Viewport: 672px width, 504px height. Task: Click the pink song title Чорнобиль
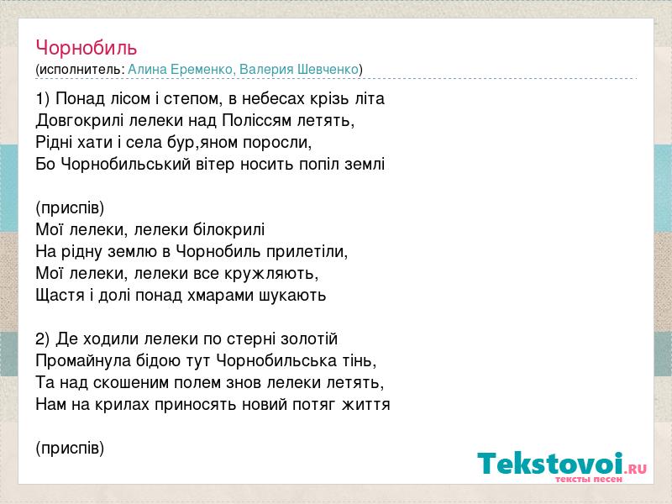(x=87, y=48)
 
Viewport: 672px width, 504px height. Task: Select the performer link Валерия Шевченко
(x=299, y=69)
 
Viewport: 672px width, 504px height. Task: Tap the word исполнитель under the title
(x=80, y=70)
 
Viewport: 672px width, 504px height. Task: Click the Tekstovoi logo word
(x=550, y=463)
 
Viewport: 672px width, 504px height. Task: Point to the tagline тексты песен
(x=589, y=479)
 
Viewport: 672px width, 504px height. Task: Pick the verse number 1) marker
(x=43, y=99)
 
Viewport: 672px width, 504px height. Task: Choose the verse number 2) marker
(x=43, y=339)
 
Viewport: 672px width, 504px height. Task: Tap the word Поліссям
(x=257, y=120)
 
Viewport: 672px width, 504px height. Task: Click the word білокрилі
(x=228, y=229)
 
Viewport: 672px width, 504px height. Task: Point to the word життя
(x=366, y=405)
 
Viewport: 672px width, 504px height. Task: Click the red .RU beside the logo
(x=636, y=469)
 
